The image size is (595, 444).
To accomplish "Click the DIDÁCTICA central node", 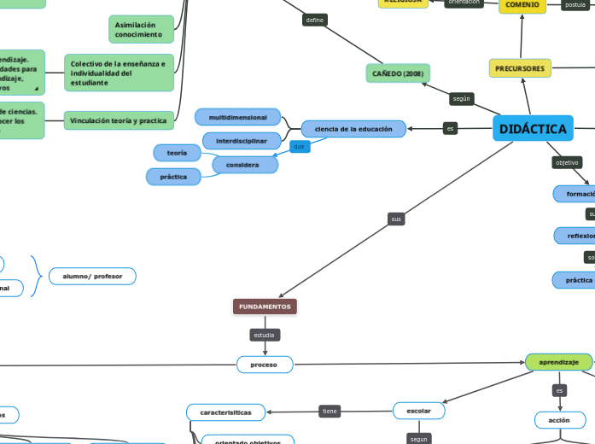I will [x=533, y=129].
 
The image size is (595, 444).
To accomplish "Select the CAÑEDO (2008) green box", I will [x=398, y=73].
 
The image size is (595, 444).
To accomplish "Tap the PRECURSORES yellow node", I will [x=520, y=68].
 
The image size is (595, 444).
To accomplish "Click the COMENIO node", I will [x=522, y=5].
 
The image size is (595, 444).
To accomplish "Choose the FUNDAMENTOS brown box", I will [x=265, y=307].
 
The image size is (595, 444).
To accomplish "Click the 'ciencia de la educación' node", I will [x=353, y=129].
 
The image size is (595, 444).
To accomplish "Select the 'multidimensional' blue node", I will [x=238, y=117].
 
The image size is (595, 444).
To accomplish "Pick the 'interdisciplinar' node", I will [x=242, y=140].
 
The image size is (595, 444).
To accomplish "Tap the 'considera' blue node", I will [x=245, y=165].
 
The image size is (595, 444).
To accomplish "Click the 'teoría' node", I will [x=177, y=152].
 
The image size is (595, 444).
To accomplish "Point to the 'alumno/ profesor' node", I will [x=92, y=276].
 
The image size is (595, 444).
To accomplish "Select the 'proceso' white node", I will [x=265, y=365].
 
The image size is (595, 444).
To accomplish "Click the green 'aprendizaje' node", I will [x=559, y=362].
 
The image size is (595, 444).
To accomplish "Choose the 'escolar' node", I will [x=419, y=411].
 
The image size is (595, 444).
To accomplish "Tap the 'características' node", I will [x=226, y=412].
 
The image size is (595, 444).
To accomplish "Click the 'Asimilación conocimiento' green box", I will [x=141, y=30].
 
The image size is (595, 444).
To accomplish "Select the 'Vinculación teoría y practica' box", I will [x=119, y=121].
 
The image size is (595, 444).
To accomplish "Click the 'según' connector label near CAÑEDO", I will [x=462, y=99].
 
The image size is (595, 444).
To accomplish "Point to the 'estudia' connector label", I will [x=265, y=335].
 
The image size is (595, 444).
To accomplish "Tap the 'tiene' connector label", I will [x=330, y=411].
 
